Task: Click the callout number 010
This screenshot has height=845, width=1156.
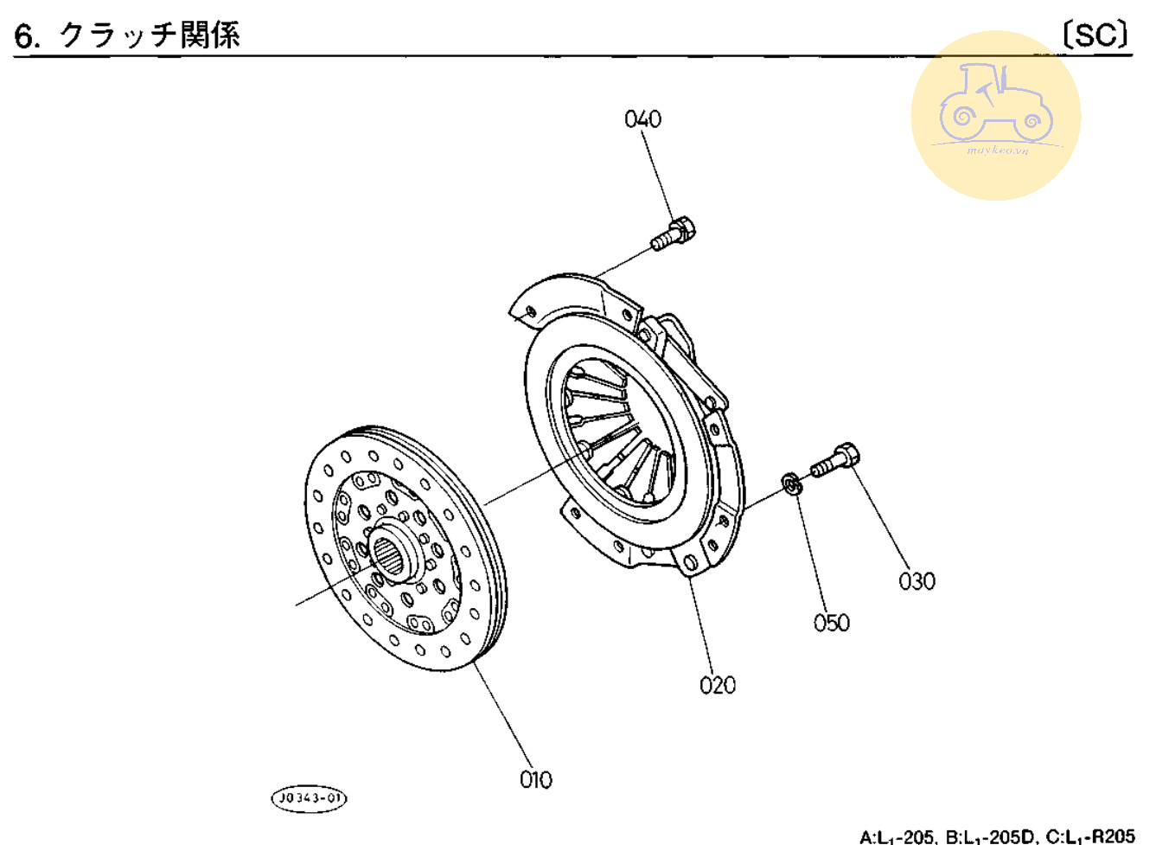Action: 535,779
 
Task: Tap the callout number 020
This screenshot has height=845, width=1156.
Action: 717,685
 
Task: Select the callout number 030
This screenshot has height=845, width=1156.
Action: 916,581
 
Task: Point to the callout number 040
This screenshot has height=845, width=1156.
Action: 642,119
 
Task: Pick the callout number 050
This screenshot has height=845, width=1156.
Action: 831,623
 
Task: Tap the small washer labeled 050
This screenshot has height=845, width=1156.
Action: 791,484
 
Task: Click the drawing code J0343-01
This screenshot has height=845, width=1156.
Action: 309,797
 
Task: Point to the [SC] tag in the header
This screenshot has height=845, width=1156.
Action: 1095,35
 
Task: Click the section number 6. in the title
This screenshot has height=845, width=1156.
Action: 28,36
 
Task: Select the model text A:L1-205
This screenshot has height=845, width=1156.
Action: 897,836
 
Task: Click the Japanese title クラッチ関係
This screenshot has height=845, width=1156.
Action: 149,35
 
